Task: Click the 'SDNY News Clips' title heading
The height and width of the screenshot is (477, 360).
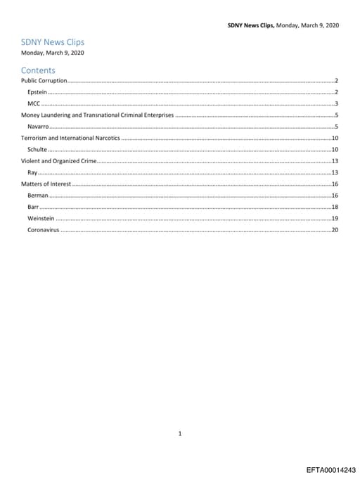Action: [53, 42]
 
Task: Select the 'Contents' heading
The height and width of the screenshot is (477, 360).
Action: [38, 70]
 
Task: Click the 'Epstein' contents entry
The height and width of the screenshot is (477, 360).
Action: [37, 92]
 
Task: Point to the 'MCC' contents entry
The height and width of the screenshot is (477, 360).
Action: [33, 103]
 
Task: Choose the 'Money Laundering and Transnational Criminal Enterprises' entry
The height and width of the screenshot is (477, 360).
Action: [97, 115]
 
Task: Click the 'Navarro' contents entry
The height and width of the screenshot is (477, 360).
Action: [38, 126]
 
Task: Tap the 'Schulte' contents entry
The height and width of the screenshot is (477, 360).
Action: [37, 149]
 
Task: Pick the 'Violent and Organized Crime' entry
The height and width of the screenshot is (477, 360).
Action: [59, 161]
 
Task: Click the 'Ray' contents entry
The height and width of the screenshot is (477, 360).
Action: [32, 172]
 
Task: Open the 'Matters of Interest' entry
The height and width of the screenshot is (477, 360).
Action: [46, 184]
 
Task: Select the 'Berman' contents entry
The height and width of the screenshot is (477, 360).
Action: [38, 195]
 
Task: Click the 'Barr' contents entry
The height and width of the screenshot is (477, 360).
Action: [33, 207]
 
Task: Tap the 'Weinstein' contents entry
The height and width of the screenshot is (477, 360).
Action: [41, 218]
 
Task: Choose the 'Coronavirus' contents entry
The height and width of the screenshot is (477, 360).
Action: [43, 229]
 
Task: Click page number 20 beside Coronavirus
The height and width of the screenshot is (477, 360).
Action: [335, 229]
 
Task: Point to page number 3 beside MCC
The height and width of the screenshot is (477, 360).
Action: [337, 103]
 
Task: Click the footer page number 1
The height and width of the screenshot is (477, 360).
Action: [180, 414]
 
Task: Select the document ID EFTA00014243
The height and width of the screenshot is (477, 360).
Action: [331, 469]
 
